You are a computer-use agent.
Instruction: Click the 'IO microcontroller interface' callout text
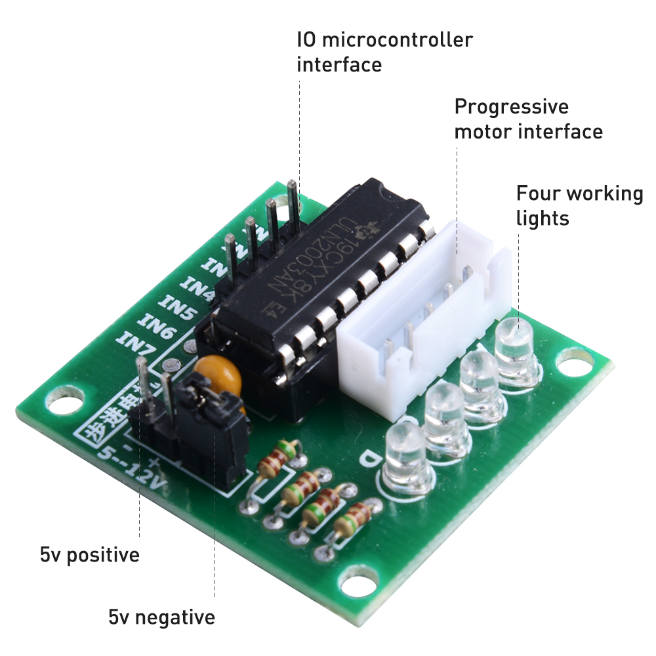coord(384,52)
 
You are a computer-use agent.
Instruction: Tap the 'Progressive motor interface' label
coord(528,119)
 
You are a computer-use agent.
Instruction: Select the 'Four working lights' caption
coord(579,205)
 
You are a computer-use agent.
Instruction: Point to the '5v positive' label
coord(90,555)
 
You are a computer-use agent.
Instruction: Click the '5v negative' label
coord(161,617)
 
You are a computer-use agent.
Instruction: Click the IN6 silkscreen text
coord(155,325)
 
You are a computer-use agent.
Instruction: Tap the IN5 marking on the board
coord(175,308)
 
